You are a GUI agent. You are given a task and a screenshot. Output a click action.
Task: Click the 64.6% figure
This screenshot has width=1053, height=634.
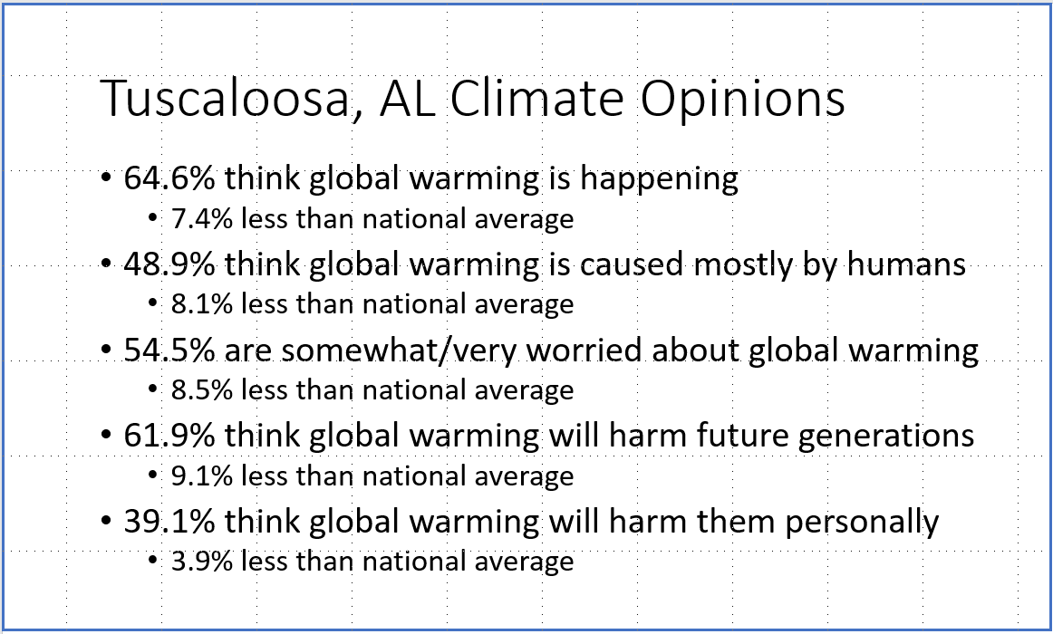[x=169, y=178]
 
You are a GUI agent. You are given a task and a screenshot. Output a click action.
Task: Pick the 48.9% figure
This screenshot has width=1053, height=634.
[x=169, y=264]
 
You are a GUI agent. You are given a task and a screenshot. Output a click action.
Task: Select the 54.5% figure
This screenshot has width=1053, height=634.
[x=169, y=351]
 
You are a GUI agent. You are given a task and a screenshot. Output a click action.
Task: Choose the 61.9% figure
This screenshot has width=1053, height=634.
[x=169, y=436]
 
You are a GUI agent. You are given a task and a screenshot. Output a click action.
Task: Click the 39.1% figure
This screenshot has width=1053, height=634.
[x=169, y=522]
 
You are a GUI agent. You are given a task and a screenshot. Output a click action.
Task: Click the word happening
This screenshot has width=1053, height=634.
[x=659, y=180]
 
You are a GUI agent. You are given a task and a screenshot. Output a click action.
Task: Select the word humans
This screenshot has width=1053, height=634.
[x=906, y=264]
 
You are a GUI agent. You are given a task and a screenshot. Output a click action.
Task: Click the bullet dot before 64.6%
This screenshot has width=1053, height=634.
[x=106, y=178]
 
